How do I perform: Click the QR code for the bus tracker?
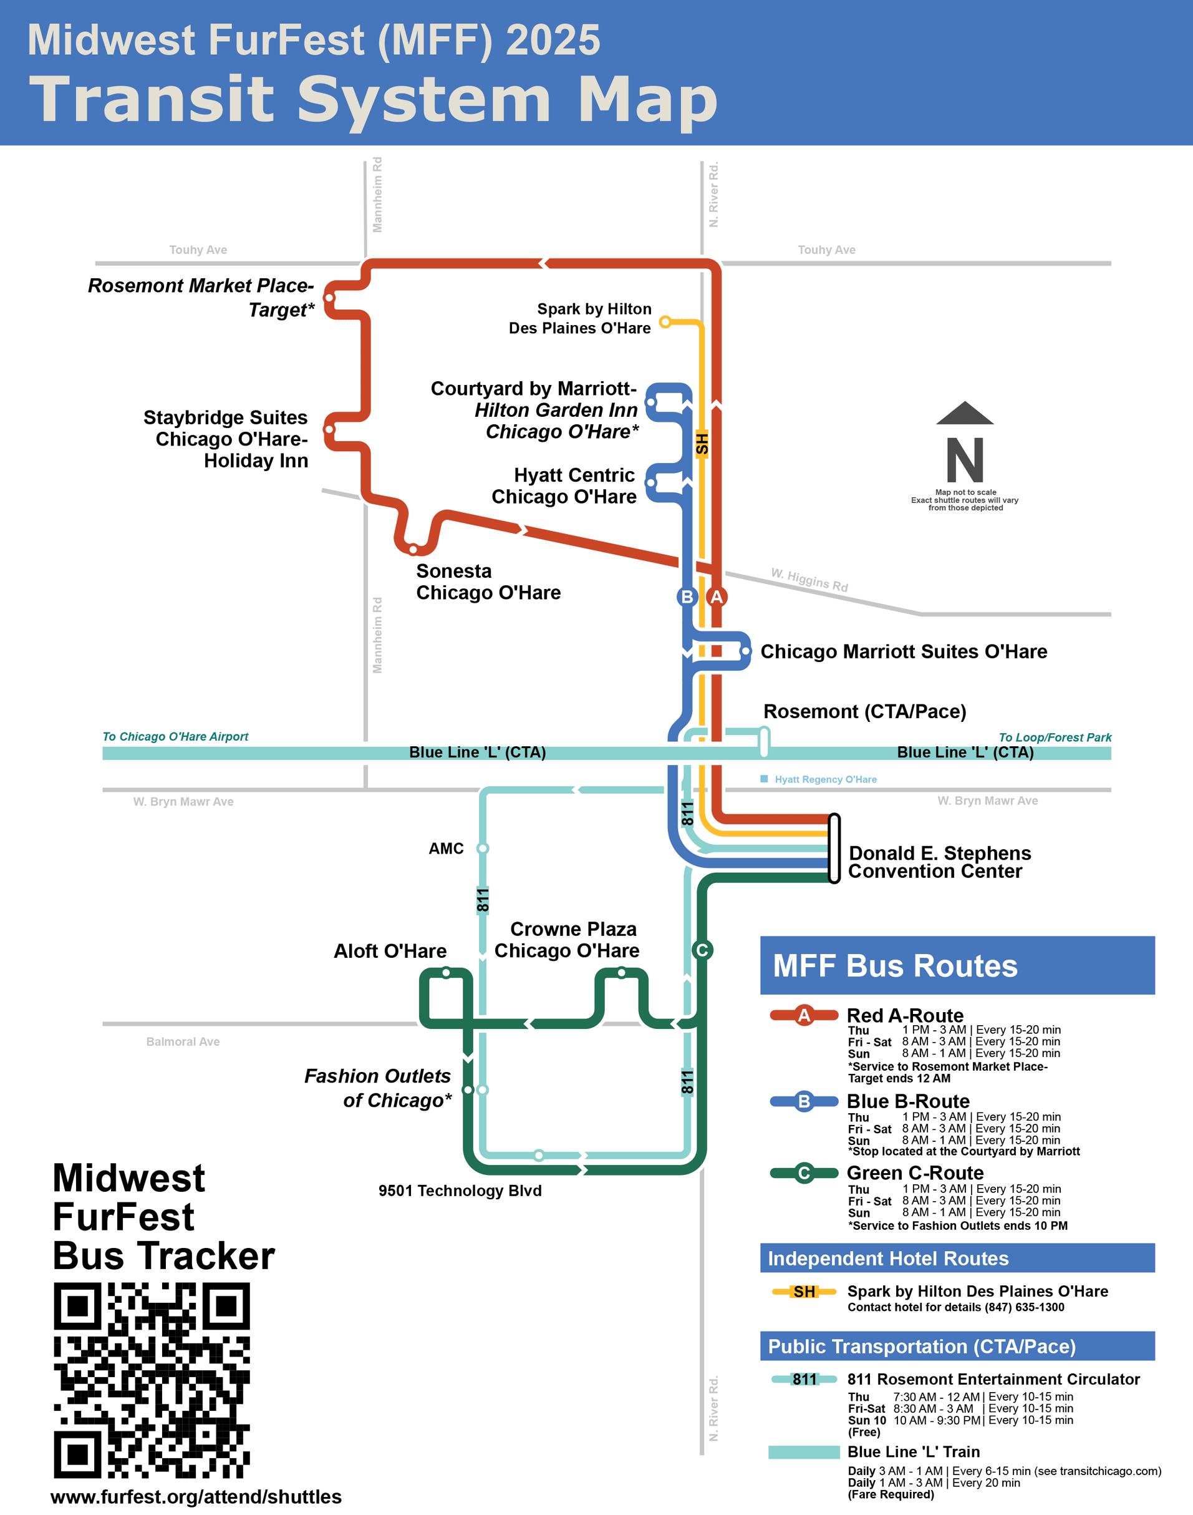(x=152, y=1380)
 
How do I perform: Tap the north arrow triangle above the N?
(x=965, y=414)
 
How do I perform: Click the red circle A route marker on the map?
(x=717, y=597)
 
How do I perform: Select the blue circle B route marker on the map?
(x=687, y=597)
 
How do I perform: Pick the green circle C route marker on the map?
(x=702, y=950)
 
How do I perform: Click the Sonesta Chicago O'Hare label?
(x=488, y=582)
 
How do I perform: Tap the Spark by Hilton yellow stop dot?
(x=665, y=321)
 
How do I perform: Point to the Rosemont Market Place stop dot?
(x=330, y=298)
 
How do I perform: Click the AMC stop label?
(x=446, y=849)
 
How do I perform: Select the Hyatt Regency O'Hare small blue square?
(x=764, y=779)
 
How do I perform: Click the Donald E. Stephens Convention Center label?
(x=939, y=862)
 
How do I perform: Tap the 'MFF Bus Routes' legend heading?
(x=895, y=966)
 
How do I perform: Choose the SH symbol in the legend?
(x=804, y=1292)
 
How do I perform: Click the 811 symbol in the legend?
(x=804, y=1379)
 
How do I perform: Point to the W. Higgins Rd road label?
(x=809, y=580)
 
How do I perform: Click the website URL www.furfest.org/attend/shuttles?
(x=196, y=1496)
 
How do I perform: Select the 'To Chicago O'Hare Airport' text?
(x=175, y=736)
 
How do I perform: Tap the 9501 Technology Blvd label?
(x=460, y=1190)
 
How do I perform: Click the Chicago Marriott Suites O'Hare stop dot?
(x=745, y=651)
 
